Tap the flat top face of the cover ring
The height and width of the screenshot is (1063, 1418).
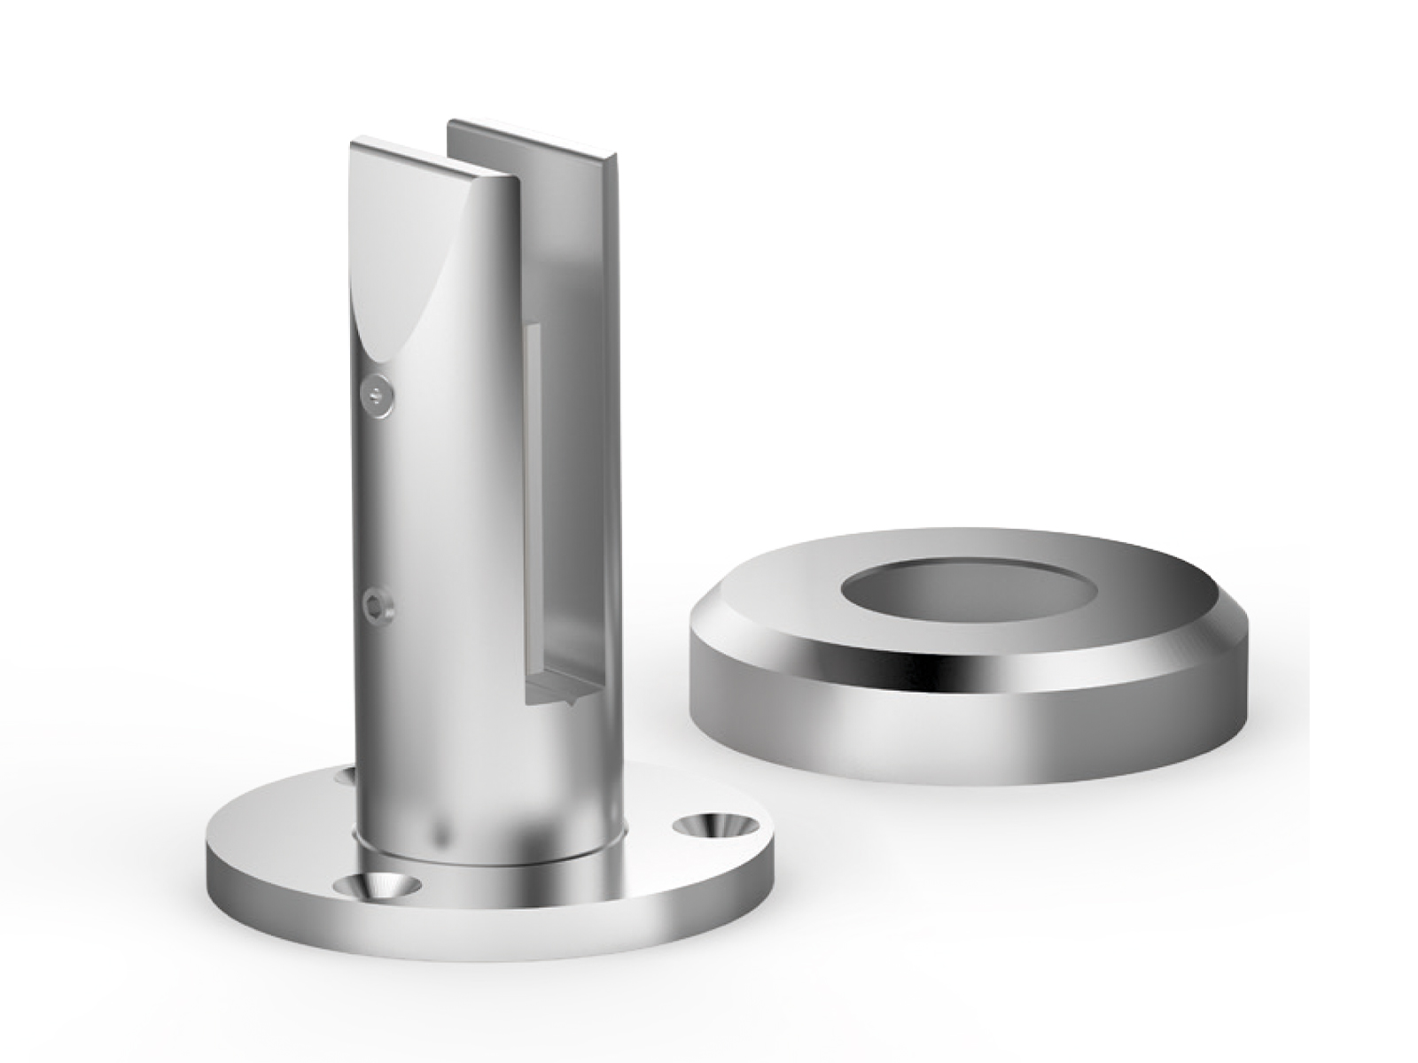coord(1108,576)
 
